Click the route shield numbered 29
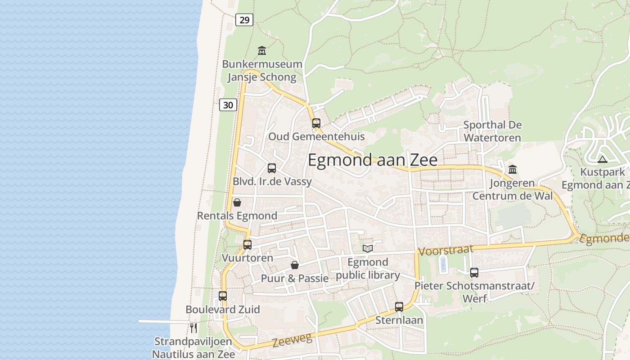[x=244, y=20]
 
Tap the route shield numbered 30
[x=228, y=105]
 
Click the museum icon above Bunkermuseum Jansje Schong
[x=262, y=50]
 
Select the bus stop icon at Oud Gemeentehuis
[x=316, y=123]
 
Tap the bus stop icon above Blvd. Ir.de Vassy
[x=272, y=168]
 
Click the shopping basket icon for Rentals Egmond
[x=237, y=202]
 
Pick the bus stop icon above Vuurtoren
[x=247, y=245]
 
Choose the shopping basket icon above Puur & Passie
[x=295, y=265]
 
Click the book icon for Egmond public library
[x=368, y=248]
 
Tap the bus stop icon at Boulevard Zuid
[x=223, y=296]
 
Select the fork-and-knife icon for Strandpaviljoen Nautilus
[x=193, y=328]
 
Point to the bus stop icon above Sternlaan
[x=399, y=307]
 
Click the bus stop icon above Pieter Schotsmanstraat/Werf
[x=474, y=272]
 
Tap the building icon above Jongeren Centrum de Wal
[x=513, y=170]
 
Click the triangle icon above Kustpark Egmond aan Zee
[x=603, y=159]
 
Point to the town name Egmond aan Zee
[x=373, y=160]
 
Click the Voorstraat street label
[x=446, y=250]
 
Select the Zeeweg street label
[x=292, y=340]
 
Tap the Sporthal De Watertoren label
[x=492, y=131]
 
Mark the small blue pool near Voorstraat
[x=443, y=264]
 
